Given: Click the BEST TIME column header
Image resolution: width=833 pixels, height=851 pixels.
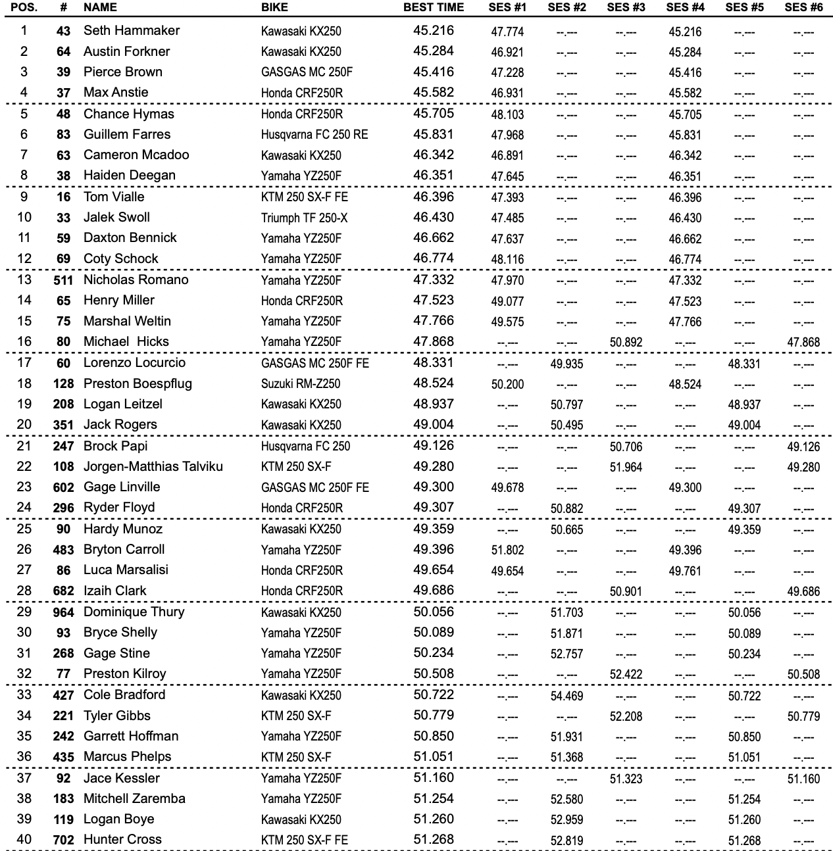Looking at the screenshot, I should pyautogui.click(x=433, y=8).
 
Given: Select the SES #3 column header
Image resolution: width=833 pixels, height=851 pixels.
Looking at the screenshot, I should pyautogui.click(x=626, y=8).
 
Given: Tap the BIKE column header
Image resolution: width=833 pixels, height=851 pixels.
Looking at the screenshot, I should pyautogui.click(x=274, y=8).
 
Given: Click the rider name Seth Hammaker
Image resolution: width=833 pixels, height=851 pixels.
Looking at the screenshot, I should pyautogui.click(x=132, y=30).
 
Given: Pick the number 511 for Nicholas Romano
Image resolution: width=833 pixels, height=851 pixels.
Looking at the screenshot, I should pyautogui.click(x=63, y=280).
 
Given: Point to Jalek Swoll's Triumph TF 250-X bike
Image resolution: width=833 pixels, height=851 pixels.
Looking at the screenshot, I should pyautogui.click(x=304, y=218).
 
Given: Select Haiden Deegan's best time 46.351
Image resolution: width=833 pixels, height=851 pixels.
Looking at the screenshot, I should pyautogui.click(x=434, y=176).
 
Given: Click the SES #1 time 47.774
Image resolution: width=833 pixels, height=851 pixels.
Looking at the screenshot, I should pyautogui.click(x=507, y=32).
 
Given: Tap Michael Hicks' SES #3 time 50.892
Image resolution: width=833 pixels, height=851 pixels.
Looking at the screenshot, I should pyautogui.click(x=626, y=342).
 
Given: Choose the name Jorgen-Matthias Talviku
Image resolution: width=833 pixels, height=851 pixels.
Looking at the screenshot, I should pyautogui.click(x=153, y=466).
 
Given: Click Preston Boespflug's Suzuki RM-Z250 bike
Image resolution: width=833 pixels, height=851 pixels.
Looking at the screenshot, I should pyautogui.click(x=301, y=384).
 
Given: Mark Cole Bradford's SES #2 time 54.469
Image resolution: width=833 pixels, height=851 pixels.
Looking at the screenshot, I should pyautogui.click(x=567, y=696).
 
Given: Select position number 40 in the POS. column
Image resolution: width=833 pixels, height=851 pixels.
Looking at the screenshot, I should pyautogui.click(x=24, y=839).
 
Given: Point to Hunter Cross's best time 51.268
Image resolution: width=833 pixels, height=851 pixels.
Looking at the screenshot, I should pyautogui.click(x=434, y=839).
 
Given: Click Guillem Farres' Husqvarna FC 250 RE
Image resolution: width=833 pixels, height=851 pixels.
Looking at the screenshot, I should pyautogui.click(x=315, y=135).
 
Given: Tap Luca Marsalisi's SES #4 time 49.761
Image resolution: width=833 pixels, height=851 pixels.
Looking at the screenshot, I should pyautogui.click(x=685, y=571).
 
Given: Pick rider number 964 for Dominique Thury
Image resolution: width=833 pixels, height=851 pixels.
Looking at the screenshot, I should pyautogui.click(x=63, y=612).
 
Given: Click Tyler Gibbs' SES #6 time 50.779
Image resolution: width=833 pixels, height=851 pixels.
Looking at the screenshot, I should pyautogui.click(x=803, y=716).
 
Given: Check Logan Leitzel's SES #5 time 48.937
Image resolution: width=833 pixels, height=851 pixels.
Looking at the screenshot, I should pyautogui.click(x=744, y=404).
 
